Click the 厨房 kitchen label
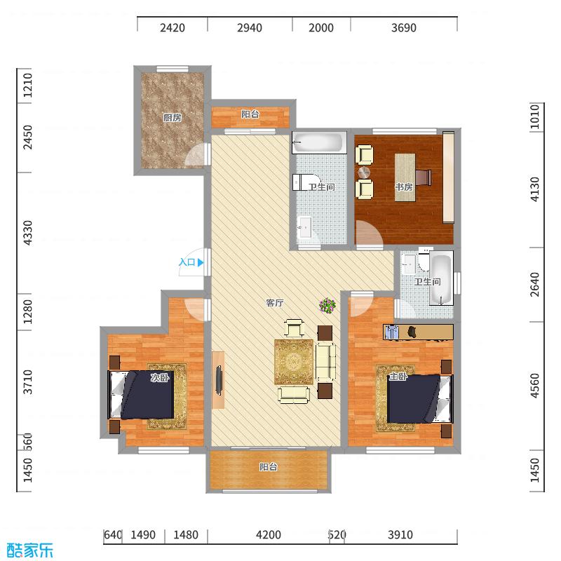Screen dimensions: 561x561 tap(173, 118)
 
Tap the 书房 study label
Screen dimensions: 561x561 tap(403, 187)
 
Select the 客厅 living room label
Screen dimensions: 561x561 tap(275, 303)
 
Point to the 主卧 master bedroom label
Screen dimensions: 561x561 tap(398, 377)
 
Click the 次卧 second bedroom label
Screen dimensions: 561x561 tap(160, 377)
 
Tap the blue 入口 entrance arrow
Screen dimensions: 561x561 tap(201, 263)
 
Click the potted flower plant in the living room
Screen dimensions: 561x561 tap(327, 305)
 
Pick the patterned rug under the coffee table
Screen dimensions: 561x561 tap(294, 361)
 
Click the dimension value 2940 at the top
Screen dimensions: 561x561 tap(250, 28)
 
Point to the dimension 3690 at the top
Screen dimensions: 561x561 tap(404, 28)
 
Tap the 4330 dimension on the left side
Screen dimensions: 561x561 tap(28, 232)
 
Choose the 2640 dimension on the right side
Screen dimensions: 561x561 tap(534, 284)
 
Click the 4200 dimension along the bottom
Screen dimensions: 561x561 tap(268, 535)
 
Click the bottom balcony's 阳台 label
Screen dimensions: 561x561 tap(269, 466)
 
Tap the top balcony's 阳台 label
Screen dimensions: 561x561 tap(250, 114)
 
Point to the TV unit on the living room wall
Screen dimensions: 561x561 tap(219, 379)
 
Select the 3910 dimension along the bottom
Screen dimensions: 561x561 tap(400, 535)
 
